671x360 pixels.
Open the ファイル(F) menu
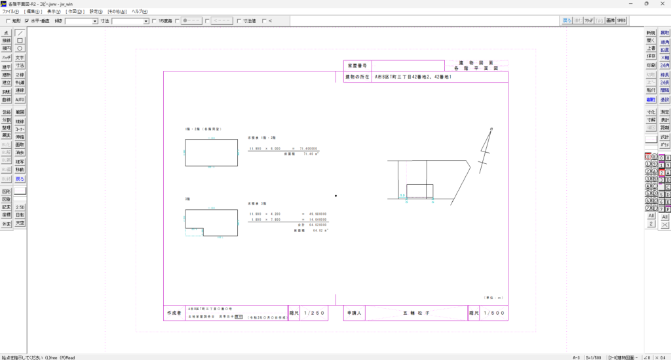[11, 12]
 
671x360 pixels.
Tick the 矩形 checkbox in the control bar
[9, 21]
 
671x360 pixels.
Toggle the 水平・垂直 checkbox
[27, 21]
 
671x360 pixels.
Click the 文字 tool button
[20, 57]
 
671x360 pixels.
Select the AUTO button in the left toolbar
[20, 100]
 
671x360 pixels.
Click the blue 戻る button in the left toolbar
[20, 178]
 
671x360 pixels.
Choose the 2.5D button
[20, 207]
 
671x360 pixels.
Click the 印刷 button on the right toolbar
[651, 66]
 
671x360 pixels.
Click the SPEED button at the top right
[621, 21]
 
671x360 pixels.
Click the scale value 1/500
[493, 313]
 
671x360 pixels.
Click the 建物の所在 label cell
[358, 77]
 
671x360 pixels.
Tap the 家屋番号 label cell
[358, 66]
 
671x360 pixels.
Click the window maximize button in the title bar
[646, 4]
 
